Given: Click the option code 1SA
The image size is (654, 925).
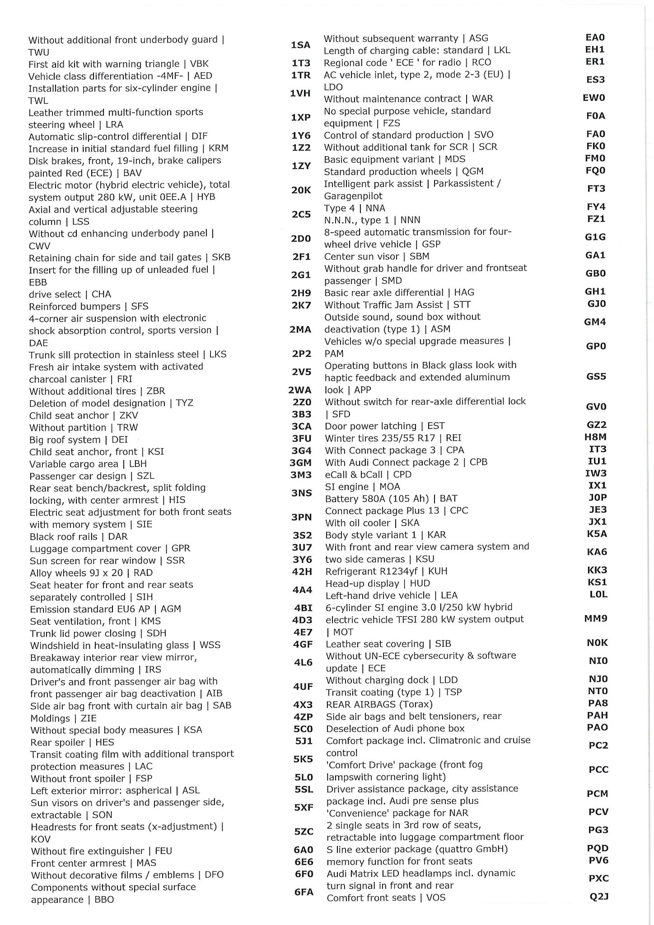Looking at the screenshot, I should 300,45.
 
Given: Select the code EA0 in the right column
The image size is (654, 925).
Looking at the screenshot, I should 595,37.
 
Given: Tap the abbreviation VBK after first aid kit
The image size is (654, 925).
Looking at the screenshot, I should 199,64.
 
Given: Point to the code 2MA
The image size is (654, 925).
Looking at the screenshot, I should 300,330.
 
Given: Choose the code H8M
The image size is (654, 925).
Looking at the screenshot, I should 595,437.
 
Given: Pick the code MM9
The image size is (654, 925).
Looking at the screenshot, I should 596,618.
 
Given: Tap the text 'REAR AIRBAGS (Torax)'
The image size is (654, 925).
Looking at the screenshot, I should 379,704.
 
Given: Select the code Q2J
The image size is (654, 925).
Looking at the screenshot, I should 599,897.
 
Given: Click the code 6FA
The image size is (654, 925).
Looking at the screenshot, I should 304,892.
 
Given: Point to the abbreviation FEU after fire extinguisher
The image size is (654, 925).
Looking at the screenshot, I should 163,851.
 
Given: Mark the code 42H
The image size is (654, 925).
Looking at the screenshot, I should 302,572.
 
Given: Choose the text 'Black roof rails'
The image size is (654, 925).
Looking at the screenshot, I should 64,537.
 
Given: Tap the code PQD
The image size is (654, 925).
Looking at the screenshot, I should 598,848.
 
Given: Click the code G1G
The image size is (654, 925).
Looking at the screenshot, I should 595,237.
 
